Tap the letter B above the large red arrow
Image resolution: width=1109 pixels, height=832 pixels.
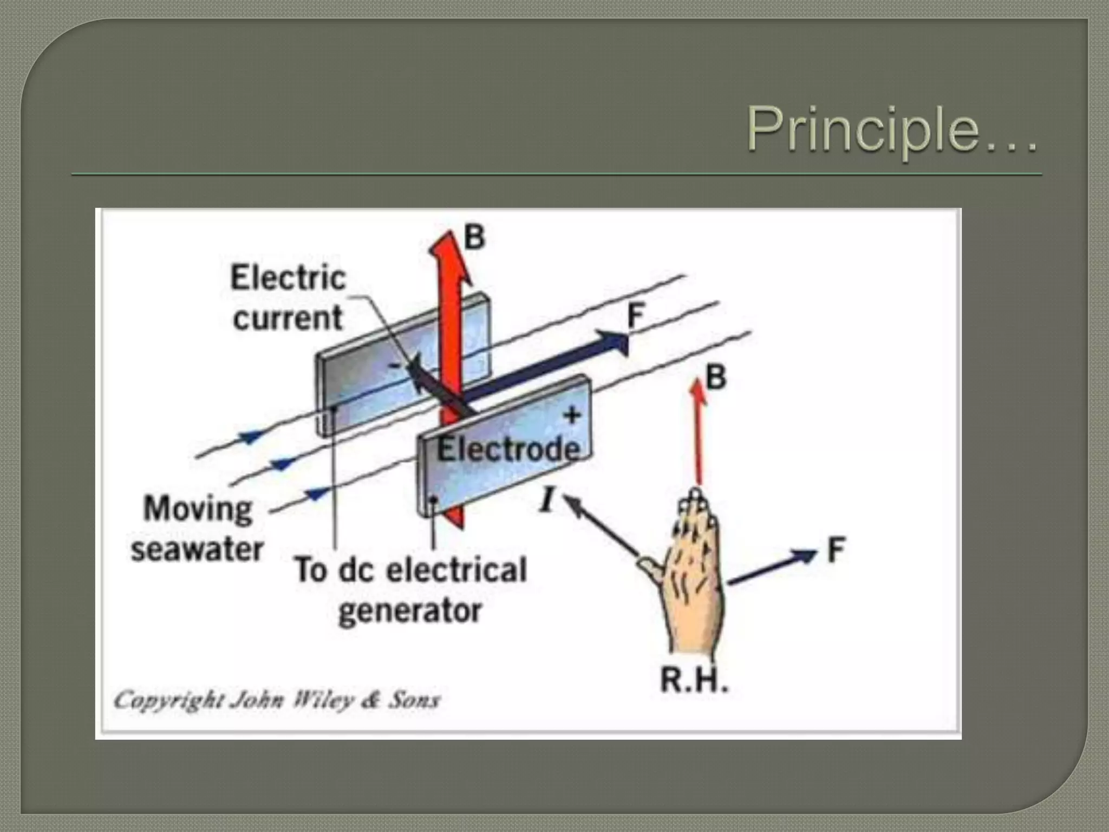point(474,237)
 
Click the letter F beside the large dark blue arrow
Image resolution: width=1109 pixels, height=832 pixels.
point(636,315)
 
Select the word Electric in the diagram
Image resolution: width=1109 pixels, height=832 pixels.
point(288,278)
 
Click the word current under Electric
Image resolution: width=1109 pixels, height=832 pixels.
point(288,317)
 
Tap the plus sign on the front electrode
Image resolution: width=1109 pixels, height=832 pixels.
point(572,415)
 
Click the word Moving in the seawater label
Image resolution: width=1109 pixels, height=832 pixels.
point(198,509)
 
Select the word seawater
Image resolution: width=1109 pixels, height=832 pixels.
point(197,549)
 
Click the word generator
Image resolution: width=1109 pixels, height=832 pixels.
point(410,612)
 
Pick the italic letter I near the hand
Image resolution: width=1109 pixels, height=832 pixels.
point(547,499)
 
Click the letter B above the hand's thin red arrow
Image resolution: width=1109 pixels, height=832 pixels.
point(716,377)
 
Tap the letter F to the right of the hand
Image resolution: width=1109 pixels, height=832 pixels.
point(836,550)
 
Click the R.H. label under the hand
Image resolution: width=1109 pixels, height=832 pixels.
point(694,680)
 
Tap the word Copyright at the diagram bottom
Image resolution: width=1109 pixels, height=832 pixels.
point(168,700)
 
